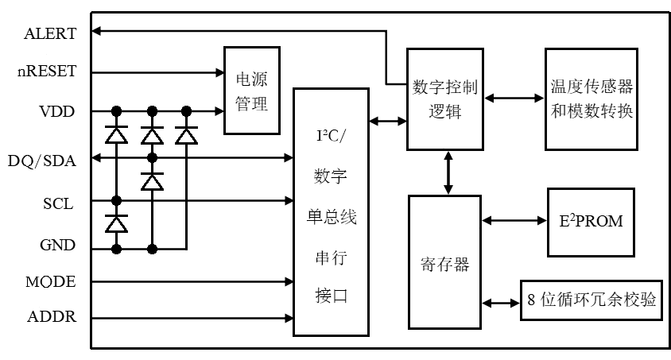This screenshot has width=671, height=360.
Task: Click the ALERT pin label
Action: (50, 33)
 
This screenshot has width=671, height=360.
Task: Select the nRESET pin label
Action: (47, 72)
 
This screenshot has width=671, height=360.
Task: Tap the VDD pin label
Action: (57, 111)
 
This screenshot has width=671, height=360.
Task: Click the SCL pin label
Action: (58, 203)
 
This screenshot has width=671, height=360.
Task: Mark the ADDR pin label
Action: (52, 318)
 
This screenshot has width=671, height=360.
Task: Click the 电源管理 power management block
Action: (253, 91)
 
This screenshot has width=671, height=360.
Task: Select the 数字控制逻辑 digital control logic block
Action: (444, 99)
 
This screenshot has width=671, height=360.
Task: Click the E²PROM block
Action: (591, 220)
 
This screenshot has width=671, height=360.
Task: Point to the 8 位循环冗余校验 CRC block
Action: (591, 300)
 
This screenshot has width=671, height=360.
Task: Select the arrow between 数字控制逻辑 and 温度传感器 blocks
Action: (514, 99)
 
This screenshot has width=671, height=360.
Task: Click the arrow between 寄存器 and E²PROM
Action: (514, 220)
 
